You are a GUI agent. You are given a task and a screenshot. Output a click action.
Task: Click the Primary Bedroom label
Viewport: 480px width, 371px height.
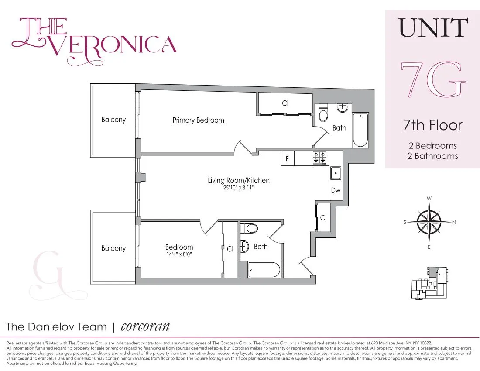(198, 120)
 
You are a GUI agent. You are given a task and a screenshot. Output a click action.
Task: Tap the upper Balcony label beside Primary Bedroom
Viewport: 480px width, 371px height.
(113, 120)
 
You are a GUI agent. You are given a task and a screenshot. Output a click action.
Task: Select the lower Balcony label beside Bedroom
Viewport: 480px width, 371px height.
(113, 248)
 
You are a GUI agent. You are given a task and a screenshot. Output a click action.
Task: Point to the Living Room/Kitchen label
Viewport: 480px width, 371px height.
(238, 180)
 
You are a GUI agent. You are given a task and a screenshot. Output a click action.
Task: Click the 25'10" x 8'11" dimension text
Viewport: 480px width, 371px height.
(238, 189)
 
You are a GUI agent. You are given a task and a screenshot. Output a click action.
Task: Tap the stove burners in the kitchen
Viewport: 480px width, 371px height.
(319, 158)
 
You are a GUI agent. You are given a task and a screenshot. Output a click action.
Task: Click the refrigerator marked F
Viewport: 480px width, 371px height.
(287, 159)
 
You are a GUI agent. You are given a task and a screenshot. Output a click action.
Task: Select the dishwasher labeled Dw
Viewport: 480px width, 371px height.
(336, 191)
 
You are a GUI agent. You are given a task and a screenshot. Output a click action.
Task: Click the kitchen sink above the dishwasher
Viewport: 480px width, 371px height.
(336, 173)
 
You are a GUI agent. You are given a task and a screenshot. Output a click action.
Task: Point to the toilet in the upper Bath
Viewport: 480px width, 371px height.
(323, 114)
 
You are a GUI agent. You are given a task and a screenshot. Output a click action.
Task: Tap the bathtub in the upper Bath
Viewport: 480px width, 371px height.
(360, 130)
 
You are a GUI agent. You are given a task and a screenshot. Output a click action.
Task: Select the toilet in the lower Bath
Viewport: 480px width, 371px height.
(250, 228)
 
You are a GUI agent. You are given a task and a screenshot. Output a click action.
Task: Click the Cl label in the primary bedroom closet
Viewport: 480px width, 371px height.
(285, 103)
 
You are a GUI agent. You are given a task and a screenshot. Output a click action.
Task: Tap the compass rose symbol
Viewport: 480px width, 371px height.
(429, 222)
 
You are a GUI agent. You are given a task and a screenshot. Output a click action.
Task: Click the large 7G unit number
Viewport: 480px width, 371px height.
(433, 80)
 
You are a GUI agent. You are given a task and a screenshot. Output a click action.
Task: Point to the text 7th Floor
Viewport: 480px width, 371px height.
(432, 125)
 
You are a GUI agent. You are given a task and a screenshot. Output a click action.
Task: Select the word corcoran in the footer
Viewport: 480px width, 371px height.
(145, 326)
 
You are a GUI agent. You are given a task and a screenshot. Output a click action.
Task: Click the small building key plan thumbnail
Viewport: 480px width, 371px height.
(429, 283)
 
